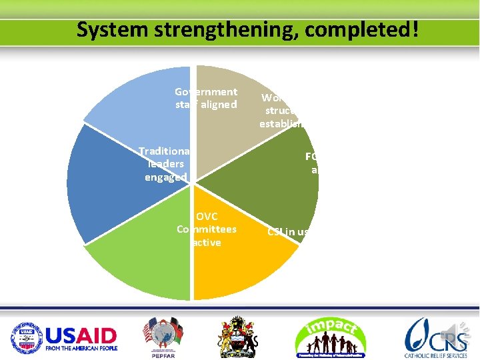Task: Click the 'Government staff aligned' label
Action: coord(206,98)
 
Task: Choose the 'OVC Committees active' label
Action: coord(207,229)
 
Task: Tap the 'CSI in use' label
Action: coord(288,232)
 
